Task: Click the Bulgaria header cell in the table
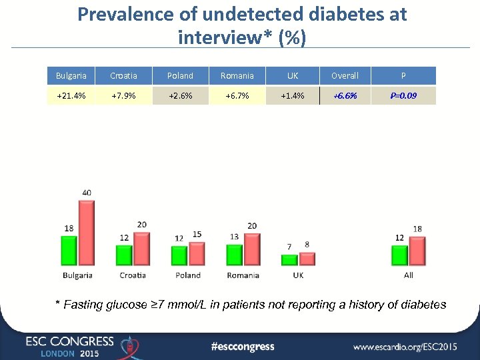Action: tap(71, 75)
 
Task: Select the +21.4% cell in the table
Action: tap(71, 95)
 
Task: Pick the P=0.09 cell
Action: tap(403, 95)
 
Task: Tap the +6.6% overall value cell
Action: tap(345, 95)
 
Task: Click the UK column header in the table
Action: tap(292, 75)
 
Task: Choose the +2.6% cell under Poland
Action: tap(180, 95)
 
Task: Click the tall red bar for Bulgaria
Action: tap(87, 233)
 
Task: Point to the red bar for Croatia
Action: tap(141, 249)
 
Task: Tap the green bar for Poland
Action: tap(179, 255)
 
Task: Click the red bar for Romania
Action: tap(252, 249)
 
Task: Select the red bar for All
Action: tap(417, 251)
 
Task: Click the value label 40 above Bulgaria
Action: tap(87, 193)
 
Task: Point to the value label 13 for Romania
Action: tap(233, 237)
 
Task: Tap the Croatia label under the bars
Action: tap(133, 275)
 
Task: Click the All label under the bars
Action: tap(408, 275)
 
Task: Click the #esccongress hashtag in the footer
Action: tap(242, 346)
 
